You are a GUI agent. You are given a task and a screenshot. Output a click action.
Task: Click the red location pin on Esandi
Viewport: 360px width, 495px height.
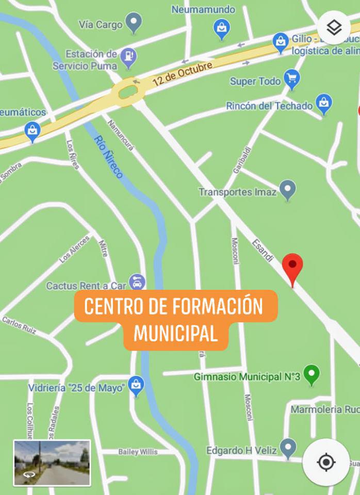tap(293, 267)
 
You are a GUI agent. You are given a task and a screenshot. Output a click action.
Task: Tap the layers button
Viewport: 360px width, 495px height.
tap(334, 27)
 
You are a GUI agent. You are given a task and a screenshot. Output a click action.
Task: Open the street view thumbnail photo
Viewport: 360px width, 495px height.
tap(52, 463)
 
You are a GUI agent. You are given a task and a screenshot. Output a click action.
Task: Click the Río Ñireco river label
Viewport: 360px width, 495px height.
tap(109, 157)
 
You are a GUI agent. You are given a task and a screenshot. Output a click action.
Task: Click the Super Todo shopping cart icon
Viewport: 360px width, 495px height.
tap(292, 79)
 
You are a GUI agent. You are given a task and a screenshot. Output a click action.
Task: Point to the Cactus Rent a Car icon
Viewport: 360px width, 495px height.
tap(138, 282)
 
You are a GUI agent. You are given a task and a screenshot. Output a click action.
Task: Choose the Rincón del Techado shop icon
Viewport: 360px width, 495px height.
tap(323, 104)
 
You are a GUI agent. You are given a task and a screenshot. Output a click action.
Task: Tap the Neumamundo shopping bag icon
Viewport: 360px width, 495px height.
tap(221, 28)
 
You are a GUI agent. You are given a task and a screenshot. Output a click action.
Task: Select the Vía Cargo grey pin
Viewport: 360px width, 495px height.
tap(134, 23)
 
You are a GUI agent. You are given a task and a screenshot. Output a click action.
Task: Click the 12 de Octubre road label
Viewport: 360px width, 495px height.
tap(183, 74)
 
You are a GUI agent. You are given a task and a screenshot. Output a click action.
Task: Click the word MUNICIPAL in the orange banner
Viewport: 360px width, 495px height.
tap(175, 333)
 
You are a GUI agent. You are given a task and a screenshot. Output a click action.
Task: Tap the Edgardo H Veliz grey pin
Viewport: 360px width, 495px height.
tap(288, 448)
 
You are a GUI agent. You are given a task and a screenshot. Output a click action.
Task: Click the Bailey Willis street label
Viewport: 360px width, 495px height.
tap(138, 452)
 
